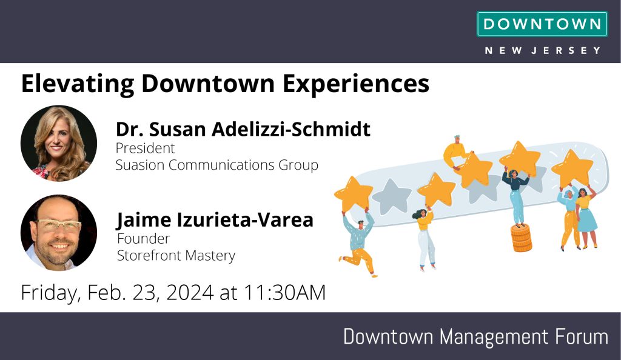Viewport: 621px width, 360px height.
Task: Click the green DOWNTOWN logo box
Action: coord(542,24)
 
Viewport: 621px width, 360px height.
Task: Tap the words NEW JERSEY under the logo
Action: coord(543,51)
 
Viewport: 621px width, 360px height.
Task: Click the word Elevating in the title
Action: coord(78,84)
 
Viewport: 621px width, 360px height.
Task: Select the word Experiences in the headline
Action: coord(355,84)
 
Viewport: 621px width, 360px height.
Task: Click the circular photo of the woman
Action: coord(59,143)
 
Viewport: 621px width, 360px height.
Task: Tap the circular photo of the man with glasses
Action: coord(59,233)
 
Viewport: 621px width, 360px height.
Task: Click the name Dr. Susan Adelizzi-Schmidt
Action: coord(243,129)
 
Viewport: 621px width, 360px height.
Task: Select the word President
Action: coord(145,148)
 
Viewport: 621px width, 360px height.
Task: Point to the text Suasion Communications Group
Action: coord(217,165)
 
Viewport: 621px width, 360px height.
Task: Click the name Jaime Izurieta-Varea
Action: coord(215,219)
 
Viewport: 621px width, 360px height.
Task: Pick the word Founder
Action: coord(143,239)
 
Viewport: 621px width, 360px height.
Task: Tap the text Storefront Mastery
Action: coord(176,256)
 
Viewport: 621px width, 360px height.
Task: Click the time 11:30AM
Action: coord(284,293)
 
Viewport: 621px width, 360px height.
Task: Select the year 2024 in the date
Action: coord(190,293)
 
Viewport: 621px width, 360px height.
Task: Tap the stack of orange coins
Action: coord(521,238)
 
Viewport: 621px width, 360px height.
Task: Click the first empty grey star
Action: coord(391,196)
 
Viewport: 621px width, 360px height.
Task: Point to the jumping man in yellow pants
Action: coord(358,244)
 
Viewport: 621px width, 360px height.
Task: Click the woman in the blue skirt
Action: coord(586,218)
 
